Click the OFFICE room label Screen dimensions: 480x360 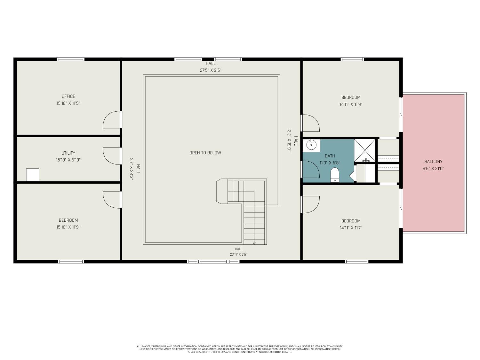68,96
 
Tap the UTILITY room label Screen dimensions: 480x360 68,153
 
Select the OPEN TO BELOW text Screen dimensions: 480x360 205,153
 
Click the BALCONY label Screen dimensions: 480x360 433,162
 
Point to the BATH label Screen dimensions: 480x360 330,156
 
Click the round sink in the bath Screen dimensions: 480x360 311,145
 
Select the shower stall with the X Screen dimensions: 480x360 364,150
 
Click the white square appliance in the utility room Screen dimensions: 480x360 33,175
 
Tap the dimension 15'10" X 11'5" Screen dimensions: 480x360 68,103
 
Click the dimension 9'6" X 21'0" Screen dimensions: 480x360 433,169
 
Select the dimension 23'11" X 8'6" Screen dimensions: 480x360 239,254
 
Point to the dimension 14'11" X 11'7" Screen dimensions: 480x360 351,228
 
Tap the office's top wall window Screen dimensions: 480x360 70,59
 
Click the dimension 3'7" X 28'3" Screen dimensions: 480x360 132,169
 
